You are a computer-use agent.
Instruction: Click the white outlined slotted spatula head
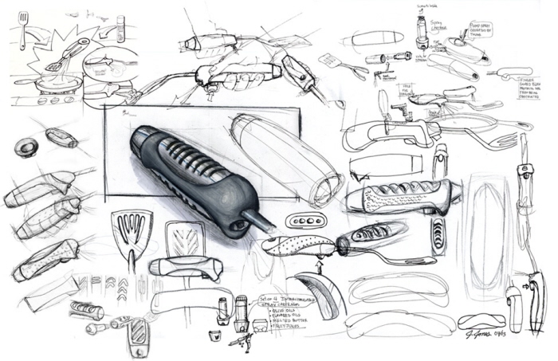(183, 237)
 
